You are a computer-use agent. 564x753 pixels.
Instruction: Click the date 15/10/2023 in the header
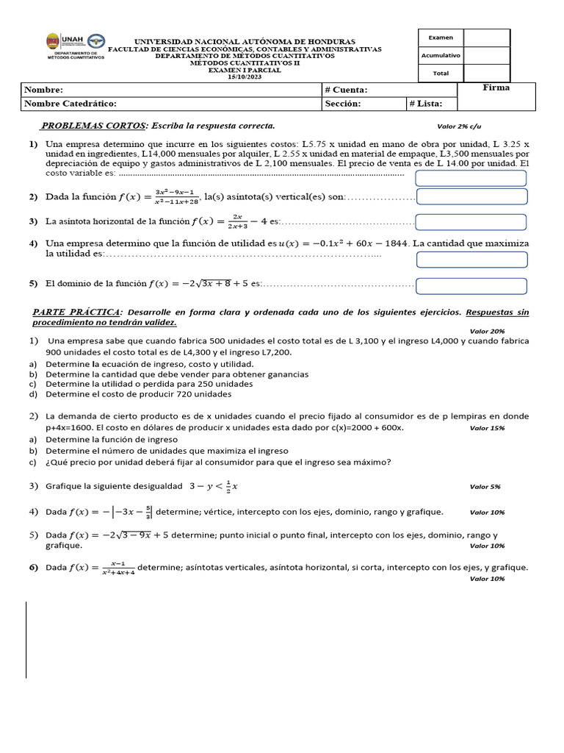(x=245, y=76)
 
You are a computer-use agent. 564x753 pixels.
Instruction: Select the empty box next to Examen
(x=486, y=38)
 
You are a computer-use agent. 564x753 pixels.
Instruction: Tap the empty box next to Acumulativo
(x=486, y=55)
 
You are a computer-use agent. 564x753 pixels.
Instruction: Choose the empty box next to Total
(x=486, y=73)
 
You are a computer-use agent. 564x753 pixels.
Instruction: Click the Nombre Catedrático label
(x=70, y=104)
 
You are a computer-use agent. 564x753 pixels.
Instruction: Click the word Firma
(x=496, y=88)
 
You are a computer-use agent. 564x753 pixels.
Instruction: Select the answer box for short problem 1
(x=471, y=178)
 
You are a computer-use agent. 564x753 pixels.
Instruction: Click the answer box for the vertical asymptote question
(x=471, y=196)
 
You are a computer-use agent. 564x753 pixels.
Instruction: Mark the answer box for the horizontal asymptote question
(x=471, y=221)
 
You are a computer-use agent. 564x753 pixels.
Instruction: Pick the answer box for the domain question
(x=471, y=285)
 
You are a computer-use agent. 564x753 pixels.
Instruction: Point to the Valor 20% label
(x=487, y=332)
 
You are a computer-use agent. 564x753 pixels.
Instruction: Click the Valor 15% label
(x=487, y=427)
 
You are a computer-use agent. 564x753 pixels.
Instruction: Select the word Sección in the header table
(x=343, y=104)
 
